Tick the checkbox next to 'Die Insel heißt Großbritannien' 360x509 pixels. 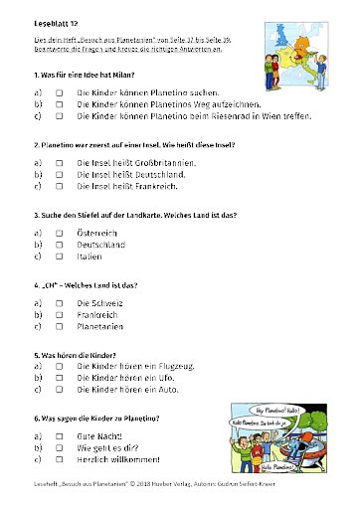60,161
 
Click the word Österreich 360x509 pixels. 100,232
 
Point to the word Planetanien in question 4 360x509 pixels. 104,325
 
